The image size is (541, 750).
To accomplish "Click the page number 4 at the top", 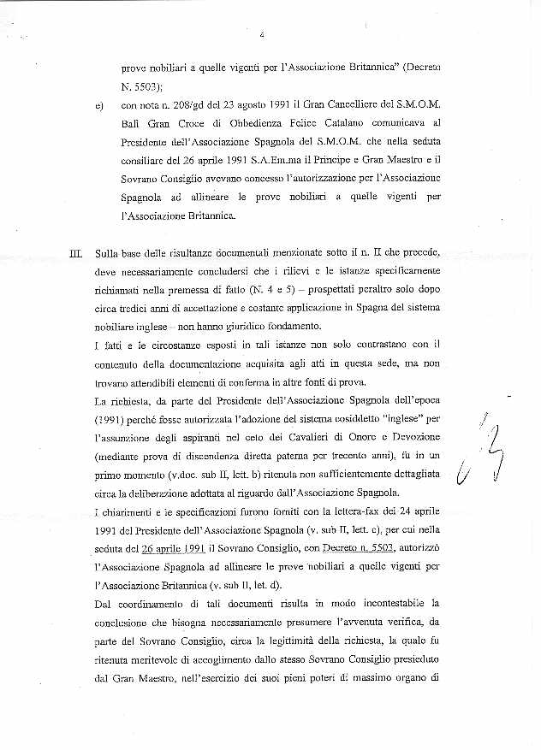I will (260, 34).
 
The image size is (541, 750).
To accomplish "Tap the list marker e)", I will (102, 107).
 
